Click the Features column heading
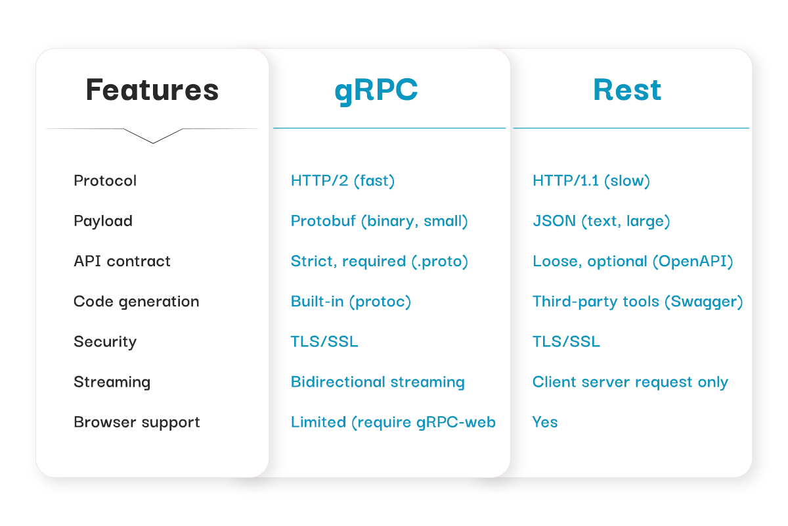coord(152,90)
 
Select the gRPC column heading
coord(376,90)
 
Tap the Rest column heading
coord(627,90)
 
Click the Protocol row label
coord(105,181)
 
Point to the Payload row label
coord(103,221)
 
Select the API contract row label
coord(122,261)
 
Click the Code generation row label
coord(136,302)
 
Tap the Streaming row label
coord(112,382)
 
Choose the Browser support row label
coord(137,422)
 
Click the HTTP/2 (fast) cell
coord(343,181)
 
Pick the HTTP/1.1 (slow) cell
coord(591,181)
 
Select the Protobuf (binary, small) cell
coord(379,221)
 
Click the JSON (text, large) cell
coord(601,221)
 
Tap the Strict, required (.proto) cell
coord(379,261)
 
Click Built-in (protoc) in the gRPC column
coord(351,302)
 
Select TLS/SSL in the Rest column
coord(566,342)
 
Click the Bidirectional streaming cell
coord(378,382)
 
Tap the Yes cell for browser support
coord(545,422)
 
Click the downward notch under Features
coord(153,137)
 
